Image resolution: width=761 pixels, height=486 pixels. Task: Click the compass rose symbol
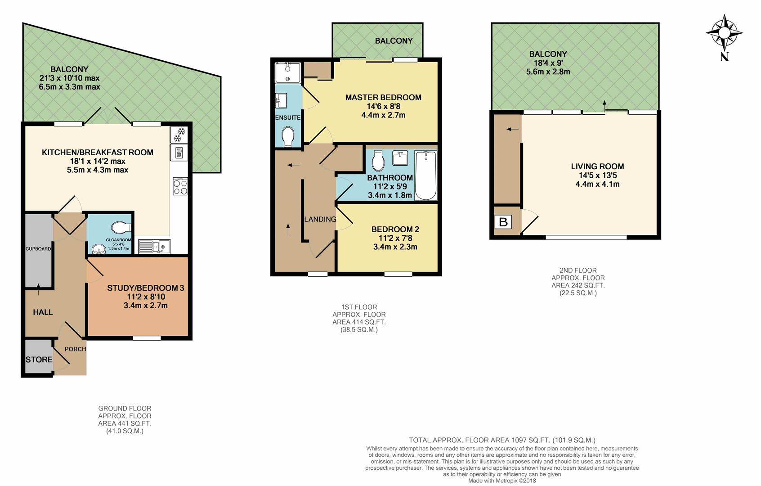click(x=724, y=33)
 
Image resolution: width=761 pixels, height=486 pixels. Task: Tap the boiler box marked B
click(x=503, y=222)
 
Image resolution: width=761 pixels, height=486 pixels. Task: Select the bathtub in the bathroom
click(x=425, y=175)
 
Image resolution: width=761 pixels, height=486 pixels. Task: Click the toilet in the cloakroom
click(x=121, y=228)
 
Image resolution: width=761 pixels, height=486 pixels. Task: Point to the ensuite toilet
click(x=288, y=137)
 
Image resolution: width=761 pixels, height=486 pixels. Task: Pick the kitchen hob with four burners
click(x=180, y=186)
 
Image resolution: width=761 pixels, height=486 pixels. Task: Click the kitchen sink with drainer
click(x=154, y=247)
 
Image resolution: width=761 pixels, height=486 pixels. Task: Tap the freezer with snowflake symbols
click(x=179, y=135)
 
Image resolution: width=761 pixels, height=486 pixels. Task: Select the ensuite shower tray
click(x=288, y=73)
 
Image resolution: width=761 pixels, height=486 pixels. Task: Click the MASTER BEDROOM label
click(x=383, y=98)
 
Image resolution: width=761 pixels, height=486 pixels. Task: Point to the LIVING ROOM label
click(x=597, y=166)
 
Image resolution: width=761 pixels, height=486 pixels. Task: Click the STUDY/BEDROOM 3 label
click(x=145, y=288)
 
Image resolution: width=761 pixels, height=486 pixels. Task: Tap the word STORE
click(x=39, y=360)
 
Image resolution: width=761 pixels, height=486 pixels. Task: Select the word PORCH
click(x=75, y=349)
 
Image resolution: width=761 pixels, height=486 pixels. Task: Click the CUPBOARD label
click(x=38, y=249)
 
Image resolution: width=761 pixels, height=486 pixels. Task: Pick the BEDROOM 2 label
click(x=395, y=229)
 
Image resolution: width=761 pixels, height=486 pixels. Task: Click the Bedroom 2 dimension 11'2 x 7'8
click(x=395, y=238)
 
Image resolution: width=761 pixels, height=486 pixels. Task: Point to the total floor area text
click(x=502, y=441)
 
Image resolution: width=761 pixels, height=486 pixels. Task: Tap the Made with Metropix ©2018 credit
click(x=502, y=481)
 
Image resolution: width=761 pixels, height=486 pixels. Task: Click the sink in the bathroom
click(x=401, y=158)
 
